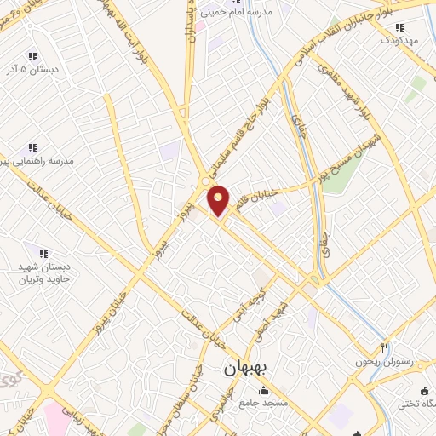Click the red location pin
pyautogui.click(x=219, y=201)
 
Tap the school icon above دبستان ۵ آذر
pyautogui.click(x=32, y=55)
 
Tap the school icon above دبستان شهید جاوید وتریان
pyautogui.click(x=44, y=253)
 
